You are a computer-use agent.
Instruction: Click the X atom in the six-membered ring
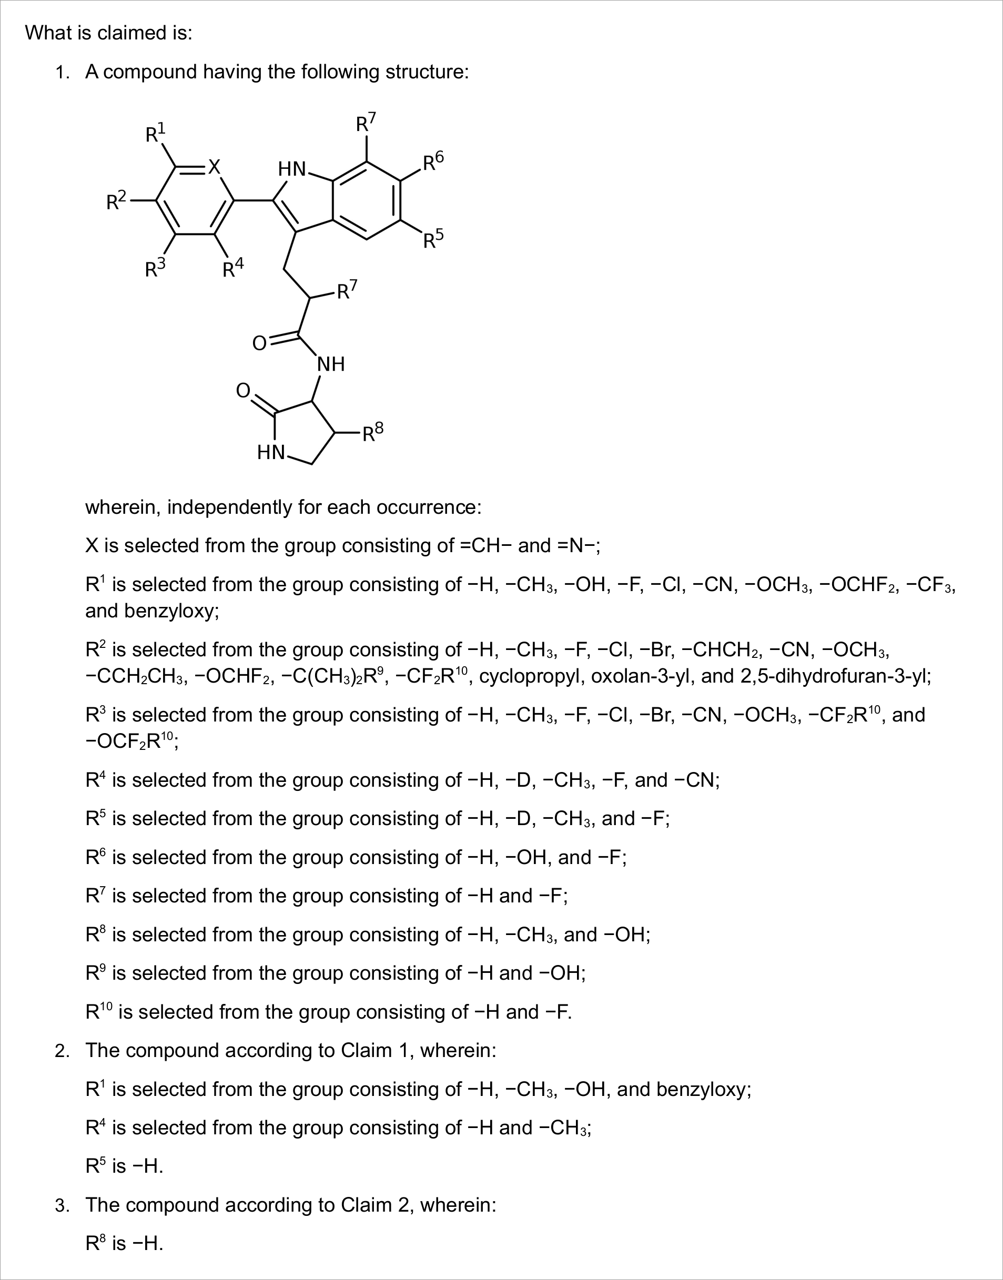coord(215,167)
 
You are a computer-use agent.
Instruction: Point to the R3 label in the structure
coord(155,269)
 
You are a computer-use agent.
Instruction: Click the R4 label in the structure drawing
coord(232,269)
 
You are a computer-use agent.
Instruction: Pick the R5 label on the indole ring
coord(433,239)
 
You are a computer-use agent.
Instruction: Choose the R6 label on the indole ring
coord(433,161)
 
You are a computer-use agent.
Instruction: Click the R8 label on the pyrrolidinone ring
coord(372,433)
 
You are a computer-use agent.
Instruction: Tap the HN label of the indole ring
coord(292,169)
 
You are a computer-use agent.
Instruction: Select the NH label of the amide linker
coord(331,364)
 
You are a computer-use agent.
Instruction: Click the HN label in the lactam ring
coord(271,453)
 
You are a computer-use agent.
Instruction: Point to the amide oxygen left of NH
coord(259,343)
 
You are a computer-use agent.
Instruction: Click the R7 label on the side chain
coord(347,290)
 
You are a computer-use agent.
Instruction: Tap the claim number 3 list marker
coord(62,1205)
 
